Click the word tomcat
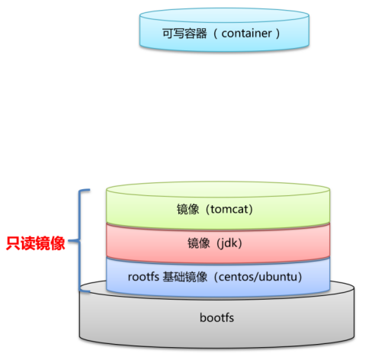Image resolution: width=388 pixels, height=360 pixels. [226, 208]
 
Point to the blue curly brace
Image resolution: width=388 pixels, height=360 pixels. [82, 241]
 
